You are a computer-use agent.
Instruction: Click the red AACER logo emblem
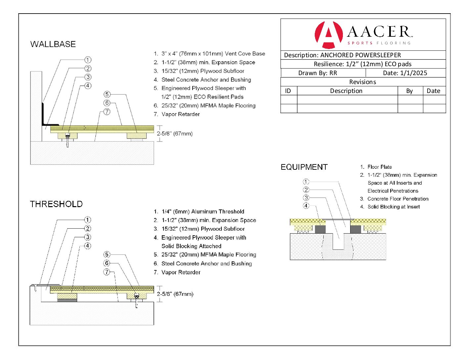pyautogui.click(x=328, y=34)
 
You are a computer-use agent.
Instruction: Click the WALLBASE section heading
pyautogui.click(x=53, y=44)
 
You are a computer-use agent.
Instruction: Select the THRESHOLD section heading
pyautogui.click(x=56, y=204)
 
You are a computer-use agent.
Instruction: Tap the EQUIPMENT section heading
pyautogui.click(x=304, y=167)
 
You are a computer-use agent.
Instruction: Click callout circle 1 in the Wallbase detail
pyautogui.click(x=88, y=60)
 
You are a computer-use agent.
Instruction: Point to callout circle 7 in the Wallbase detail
pyautogui.click(x=107, y=112)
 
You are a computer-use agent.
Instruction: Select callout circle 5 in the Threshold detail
pyautogui.click(x=107, y=254)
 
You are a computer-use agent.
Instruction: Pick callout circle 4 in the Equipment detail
pyautogui.click(x=306, y=206)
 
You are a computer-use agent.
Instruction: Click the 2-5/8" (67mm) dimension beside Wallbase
pyautogui.click(x=175, y=134)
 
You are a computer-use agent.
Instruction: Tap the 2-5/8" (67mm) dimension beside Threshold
pyautogui.click(x=175, y=294)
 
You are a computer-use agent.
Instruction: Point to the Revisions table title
pyautogui.click(x=362, y=82)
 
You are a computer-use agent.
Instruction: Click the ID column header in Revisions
pyautogui.click(x=288, y=91)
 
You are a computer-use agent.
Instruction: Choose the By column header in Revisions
pyautogui.click(x=409, y=91)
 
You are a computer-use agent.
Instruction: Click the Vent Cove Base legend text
pyautogui.click(x=213, y=54)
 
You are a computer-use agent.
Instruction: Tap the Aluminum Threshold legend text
pyautogui.click(x=203, y=212)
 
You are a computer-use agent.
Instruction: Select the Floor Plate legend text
pyautogui.click(x=380, y=167)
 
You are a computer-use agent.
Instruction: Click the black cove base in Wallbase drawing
pyautogui.click(x=44, y=114)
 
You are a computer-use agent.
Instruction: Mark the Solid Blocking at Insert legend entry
pyautogui.click(x=394, y=207)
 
